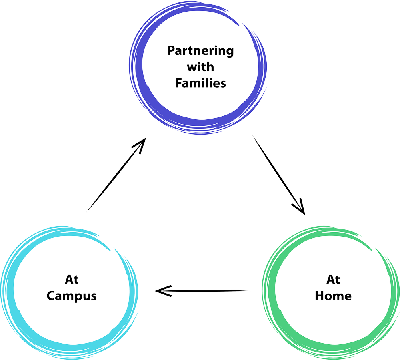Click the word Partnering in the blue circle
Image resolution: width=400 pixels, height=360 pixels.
(200, 52)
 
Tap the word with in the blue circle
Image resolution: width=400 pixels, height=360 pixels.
(200, 67)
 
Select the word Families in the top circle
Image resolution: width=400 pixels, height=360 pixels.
(200, 83)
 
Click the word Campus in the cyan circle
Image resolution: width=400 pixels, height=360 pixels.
(72, 296)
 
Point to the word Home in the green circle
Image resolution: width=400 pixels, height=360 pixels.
(333, 296)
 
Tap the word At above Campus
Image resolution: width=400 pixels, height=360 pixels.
(72, 280)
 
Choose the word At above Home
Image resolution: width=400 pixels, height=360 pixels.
(333, 280)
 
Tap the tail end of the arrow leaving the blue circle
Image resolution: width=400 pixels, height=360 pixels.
(254, 138)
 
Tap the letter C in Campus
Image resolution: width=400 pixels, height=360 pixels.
(51, 296)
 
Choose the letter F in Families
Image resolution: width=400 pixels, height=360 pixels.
(179, 83)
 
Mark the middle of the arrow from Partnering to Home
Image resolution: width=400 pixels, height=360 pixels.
(278, 174)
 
